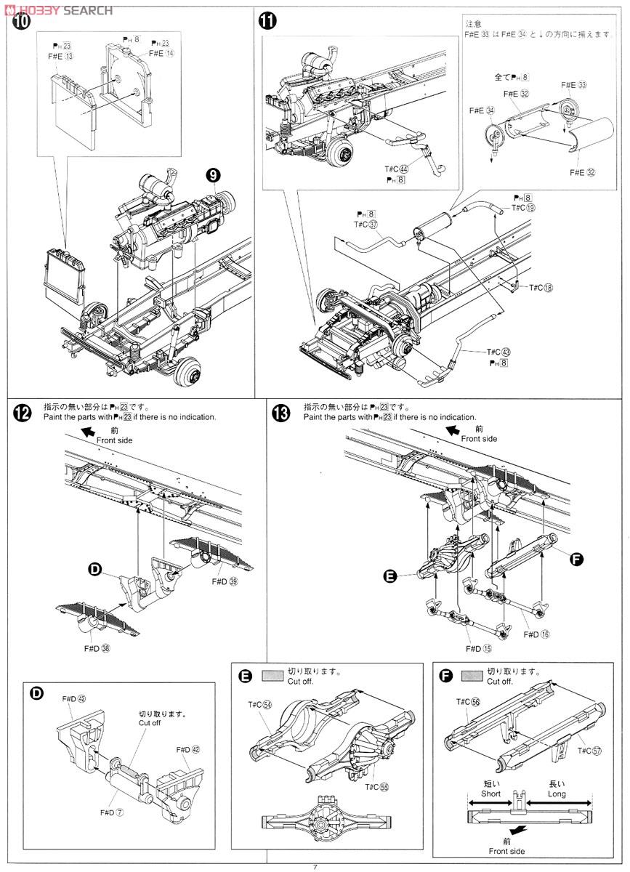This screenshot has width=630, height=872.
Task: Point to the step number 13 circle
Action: point(280,413)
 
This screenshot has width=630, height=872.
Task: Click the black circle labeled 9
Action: point(212,174)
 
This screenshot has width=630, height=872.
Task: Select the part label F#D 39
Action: point(225,581)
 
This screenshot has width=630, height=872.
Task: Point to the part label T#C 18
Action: point(541,288)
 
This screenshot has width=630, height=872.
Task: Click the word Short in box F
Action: point(493,794)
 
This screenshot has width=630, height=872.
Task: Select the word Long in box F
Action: point(558,794)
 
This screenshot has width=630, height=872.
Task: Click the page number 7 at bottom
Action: point(315,866)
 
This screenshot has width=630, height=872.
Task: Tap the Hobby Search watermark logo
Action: point(58,9)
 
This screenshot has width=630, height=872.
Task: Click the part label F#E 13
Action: point(62,56)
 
